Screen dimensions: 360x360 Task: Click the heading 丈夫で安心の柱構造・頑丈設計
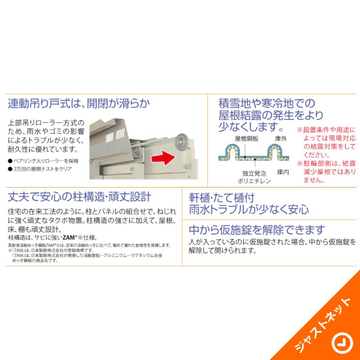(80, 197)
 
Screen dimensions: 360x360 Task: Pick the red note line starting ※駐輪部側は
(326, 163)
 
